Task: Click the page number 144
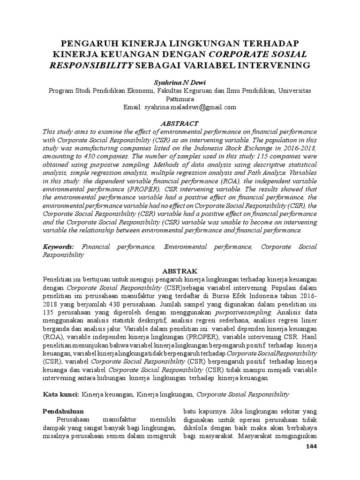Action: coord(311,447)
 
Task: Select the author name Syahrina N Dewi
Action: coord(180,82)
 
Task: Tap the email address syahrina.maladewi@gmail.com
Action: coord(191,107)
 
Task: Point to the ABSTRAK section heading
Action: coord(180,271)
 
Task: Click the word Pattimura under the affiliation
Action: coord(180,99)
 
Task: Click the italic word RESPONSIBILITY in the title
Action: coord(91,65)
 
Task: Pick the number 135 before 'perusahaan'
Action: coord(49,312)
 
